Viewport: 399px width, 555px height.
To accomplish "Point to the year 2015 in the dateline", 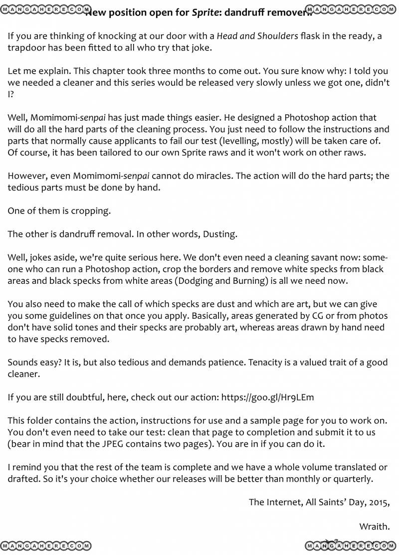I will click(378, 502).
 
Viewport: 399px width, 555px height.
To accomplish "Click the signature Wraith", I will click(374, 526).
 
